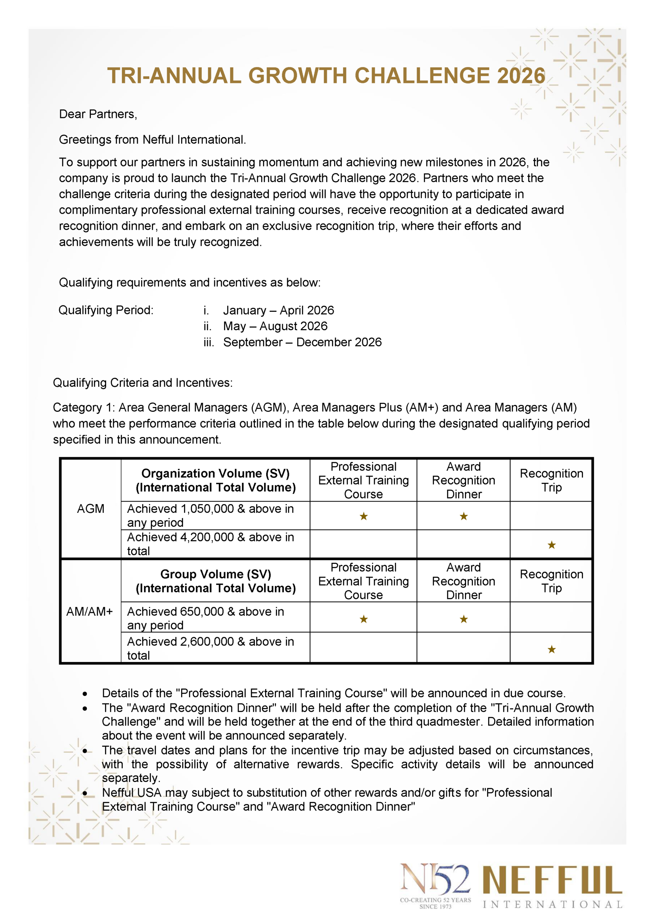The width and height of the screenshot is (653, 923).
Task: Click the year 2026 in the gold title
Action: pos(521,76)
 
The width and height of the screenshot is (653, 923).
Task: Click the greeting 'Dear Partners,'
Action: pos(98,114)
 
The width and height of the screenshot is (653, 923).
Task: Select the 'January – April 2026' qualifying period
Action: pos(279,310)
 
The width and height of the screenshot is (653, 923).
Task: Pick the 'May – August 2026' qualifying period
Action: pos(275,326)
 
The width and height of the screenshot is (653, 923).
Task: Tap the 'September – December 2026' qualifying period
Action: pos(302,342)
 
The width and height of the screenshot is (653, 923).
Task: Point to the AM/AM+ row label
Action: pos(89,611)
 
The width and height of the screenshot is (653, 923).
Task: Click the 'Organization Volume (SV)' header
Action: pos(215,473)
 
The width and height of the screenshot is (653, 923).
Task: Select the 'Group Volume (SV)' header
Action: pos(215,574)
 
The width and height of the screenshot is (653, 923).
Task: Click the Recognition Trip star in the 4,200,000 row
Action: pos(552,545)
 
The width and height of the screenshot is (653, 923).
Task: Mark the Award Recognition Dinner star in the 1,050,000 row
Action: pos(464,516)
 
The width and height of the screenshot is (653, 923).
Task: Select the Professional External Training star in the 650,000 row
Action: pos(364,619)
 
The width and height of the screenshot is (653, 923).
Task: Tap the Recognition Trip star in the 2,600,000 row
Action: pos(552,649)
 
